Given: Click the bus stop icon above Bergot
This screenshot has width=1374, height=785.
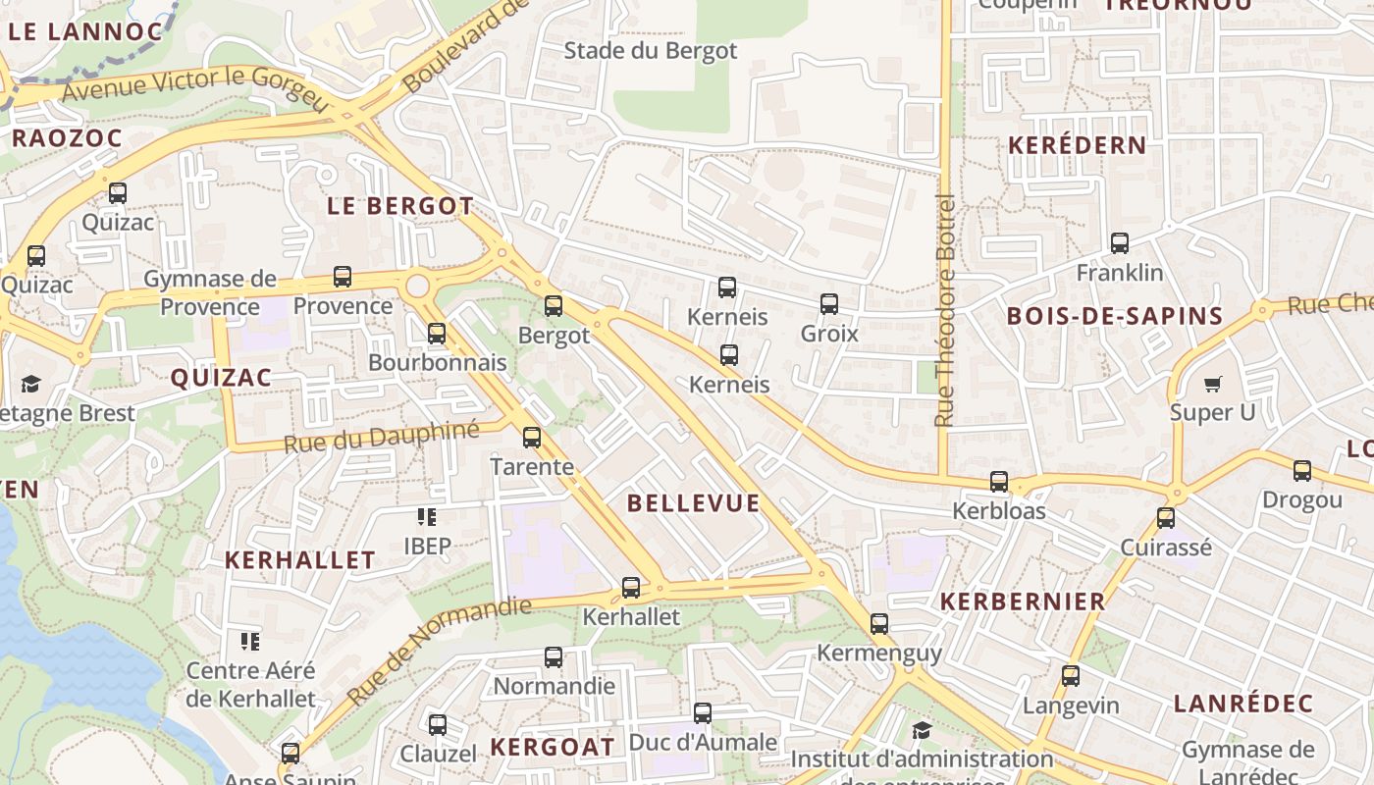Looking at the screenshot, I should tap(554, 306).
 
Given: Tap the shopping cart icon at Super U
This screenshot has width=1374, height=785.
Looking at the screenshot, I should tap(1213, 384).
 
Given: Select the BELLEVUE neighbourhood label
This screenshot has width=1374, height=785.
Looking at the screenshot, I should tap(693, 503).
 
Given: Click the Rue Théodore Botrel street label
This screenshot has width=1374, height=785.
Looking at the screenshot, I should tap(945, 310).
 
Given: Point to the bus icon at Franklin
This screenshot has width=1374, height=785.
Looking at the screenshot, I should tap(1119, 242).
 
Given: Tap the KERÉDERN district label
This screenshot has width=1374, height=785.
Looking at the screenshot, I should tap(1077, 145).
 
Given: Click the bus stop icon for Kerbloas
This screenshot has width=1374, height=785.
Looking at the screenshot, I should tap(998, 482).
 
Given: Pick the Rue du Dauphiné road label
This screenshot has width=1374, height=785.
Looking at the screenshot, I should tap(381, 437).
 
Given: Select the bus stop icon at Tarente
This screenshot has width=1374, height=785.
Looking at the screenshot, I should tap(531, 438).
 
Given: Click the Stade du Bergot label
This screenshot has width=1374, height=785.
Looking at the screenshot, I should tap(650, 50).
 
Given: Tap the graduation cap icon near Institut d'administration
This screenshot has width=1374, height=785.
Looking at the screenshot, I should tap(921, 730).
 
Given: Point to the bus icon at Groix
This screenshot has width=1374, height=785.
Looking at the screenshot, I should tap(828, 304).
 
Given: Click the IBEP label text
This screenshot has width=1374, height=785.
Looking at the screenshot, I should tap(427, 546).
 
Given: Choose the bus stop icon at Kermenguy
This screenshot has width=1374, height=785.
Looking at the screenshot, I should tap(878, 624).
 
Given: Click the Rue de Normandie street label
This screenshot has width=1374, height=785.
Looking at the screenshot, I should tap(439, 650).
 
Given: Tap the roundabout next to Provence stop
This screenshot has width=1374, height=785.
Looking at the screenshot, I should tap(418, 287).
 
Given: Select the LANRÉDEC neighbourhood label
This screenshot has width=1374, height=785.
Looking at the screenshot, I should tap(1242, 704).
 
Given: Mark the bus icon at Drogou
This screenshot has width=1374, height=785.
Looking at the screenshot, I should tap(1301, 471).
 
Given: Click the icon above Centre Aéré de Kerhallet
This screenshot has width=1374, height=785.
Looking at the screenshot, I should tap(250, 642).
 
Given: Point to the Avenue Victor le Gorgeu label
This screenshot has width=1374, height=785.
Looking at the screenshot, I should tap(193, 86).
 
